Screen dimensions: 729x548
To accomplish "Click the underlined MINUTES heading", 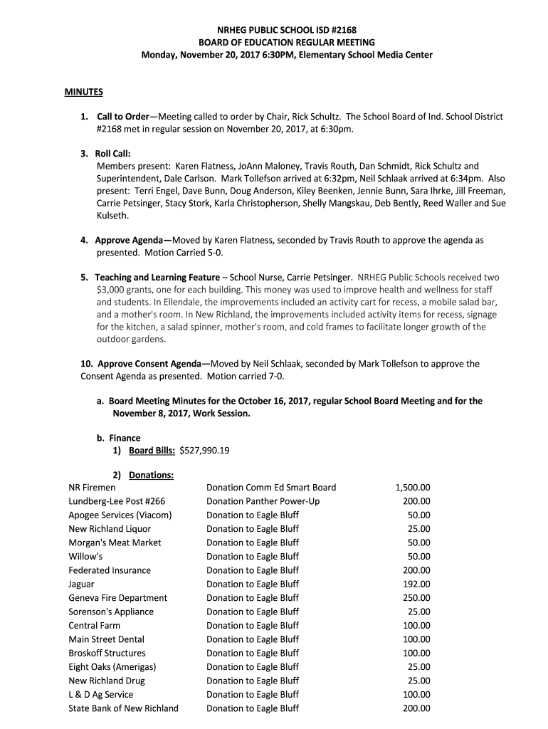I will click(84, 92).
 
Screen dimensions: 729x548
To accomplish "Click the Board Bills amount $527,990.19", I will click(205, 450).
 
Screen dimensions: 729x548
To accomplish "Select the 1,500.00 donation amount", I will click(413, 488).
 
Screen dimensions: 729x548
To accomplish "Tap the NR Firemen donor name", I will click(92, 488).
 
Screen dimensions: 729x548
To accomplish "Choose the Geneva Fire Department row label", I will click(117, 598).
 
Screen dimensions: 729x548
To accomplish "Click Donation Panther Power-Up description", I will click(263, 501).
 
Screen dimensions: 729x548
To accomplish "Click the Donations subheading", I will click(151, 475).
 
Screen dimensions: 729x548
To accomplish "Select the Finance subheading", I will click(125, 438).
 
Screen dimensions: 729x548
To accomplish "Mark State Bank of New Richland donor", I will click(123, 708).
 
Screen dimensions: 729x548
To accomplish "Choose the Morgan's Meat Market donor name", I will click(115, 542).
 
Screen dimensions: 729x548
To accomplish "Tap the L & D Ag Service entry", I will click(100, 694).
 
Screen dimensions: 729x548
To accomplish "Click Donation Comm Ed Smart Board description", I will click(270, 488).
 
